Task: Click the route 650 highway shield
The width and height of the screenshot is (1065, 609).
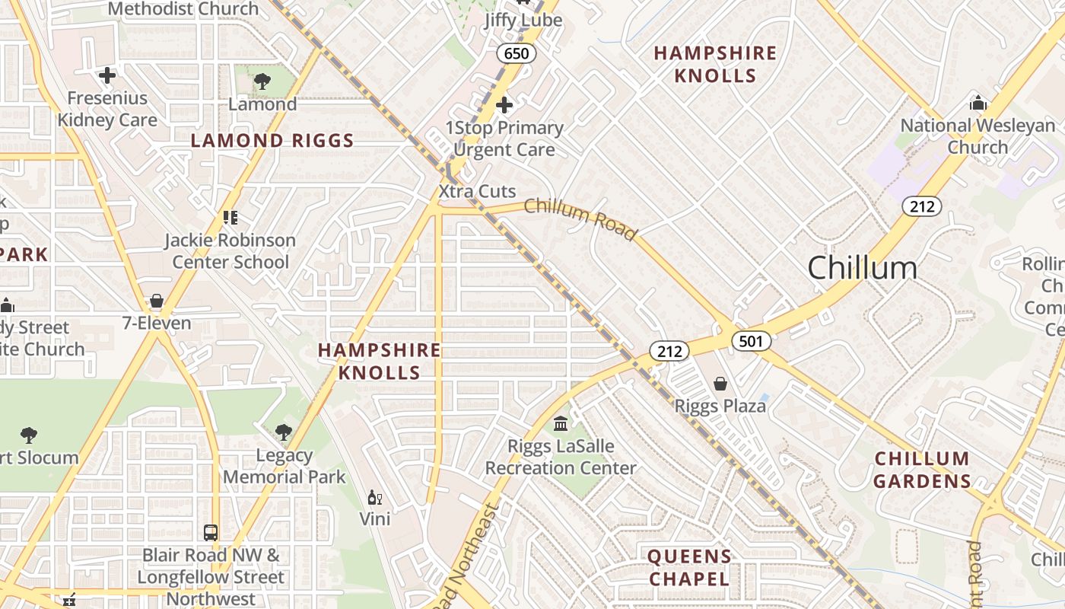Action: point(517,53)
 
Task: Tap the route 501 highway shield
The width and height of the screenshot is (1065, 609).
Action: point(751,341)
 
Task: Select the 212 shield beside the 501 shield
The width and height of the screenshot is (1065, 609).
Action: point(669,351)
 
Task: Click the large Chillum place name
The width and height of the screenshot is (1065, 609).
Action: point(862,269)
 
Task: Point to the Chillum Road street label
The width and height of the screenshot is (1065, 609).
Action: point(580,218)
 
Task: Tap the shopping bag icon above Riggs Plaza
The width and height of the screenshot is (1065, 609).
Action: point(720,384)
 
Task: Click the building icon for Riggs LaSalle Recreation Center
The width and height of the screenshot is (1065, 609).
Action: point(561,423)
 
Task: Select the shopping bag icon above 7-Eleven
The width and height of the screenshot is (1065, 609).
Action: point(157,301)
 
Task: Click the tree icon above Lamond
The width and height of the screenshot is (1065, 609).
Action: point(262,81)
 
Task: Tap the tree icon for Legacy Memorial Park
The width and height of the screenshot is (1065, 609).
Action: point(284,432)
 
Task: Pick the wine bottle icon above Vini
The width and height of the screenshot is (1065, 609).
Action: point(374,498)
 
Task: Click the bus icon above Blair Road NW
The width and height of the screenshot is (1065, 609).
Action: point(211,533)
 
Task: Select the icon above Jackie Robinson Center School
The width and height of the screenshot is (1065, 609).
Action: point(230,218)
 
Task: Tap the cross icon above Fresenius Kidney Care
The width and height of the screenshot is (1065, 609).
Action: point(107,75)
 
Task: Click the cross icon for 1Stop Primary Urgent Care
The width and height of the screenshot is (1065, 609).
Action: point(504,105)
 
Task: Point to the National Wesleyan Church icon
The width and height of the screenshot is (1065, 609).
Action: point(978,103)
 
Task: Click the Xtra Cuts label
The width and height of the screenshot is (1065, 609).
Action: point(477,191)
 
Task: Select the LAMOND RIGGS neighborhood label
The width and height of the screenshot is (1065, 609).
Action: point(272,141)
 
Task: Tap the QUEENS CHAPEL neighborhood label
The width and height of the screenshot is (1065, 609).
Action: point(689,568)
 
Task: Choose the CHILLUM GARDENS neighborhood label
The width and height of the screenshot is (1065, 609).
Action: point(921,470)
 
